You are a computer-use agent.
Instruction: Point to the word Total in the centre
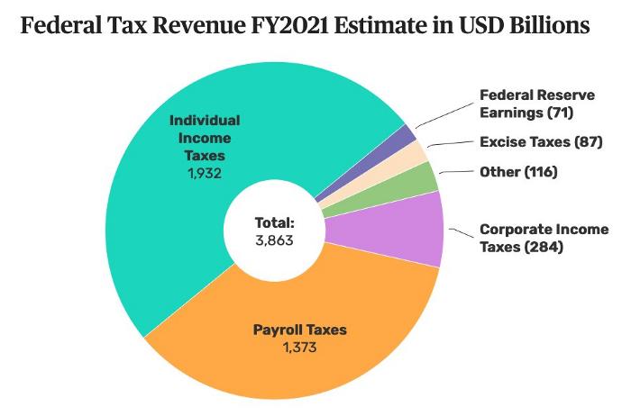(x=273, y=222)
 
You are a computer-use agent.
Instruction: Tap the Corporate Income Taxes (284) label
(x=544, y=239)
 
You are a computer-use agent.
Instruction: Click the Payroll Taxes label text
(x=299, y=330)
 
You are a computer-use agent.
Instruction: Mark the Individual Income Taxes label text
(x=206, y=138)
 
